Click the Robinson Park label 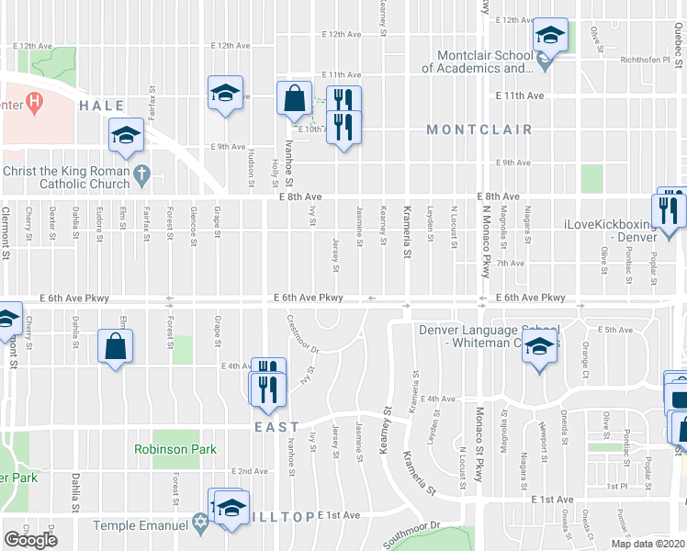(175, 449)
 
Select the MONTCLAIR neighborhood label (479, 129)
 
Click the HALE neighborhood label (101, 106)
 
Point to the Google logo (30, 540)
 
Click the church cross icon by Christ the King (141, 172)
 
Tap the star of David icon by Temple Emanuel (201, 525)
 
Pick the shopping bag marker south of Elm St (116, 347)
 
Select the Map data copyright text (647, 544)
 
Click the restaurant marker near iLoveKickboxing (670, 209)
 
